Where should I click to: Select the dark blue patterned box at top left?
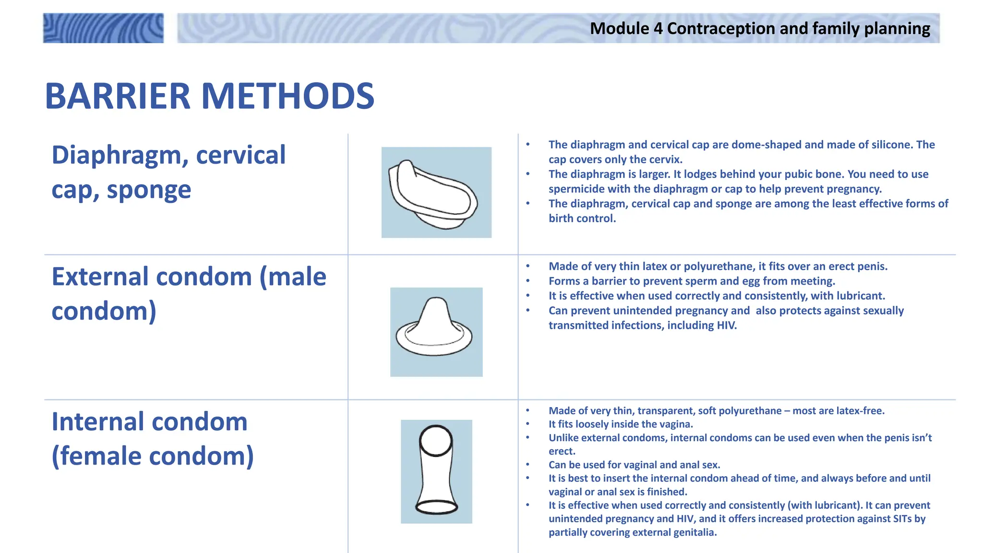(x=103, y=28)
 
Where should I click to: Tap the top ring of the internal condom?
(x=436, y=440)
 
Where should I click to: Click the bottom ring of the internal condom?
(x=436, y=507)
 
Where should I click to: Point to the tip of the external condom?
(x=436, y=302)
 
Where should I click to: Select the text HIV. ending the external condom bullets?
(x=727, y=325)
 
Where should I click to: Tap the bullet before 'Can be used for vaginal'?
(x=527, y=465)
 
